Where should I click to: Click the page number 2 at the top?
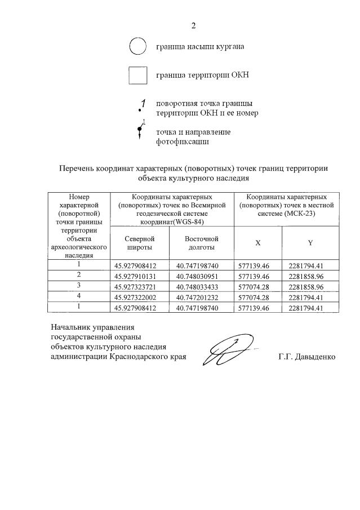(x=193, y=25)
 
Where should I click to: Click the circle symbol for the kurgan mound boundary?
(x=138, y=46)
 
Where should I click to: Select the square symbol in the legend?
(x=138, y=76)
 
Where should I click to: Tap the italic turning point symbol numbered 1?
(x=143, y=105)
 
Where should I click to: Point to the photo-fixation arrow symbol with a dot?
(x=140, y=131)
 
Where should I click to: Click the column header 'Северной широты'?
(x=140, y=243)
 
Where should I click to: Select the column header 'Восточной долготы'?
(x=201, y=243)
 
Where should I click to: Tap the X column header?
(x=258, y=243)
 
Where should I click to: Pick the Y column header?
(x=310, y=243)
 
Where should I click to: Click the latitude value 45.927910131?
(x=140, y=276)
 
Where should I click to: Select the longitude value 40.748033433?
(x=201, y=286)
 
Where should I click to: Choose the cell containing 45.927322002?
(x=140, y=297)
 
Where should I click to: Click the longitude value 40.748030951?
(x=201, y=276)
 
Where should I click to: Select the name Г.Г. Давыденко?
(x=307, y=357)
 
